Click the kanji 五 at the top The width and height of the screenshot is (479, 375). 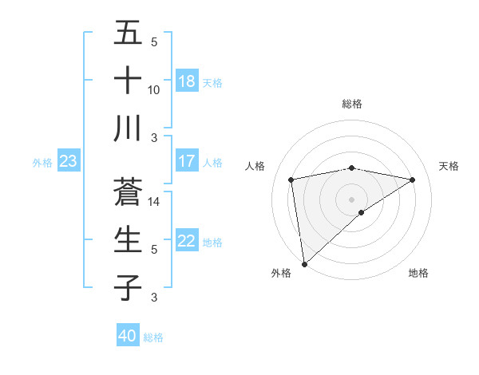128,34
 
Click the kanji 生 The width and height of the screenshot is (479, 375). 128,240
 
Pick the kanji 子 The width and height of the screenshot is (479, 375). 128,287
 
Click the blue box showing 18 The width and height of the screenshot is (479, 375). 187,81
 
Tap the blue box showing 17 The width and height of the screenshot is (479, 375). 187,161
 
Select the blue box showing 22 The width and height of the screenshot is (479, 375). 187,242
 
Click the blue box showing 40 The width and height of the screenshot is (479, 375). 128,336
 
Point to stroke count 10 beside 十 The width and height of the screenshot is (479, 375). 154,89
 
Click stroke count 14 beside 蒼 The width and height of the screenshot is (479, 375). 154,203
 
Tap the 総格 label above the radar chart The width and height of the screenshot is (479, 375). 352,104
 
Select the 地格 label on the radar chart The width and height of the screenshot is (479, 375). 418,273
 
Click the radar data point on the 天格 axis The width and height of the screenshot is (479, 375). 413,180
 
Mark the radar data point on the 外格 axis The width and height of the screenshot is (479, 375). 304,263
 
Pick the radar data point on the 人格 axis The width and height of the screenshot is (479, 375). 292,180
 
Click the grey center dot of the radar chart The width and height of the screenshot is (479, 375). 352,199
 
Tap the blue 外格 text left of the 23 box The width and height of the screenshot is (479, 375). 42,163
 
